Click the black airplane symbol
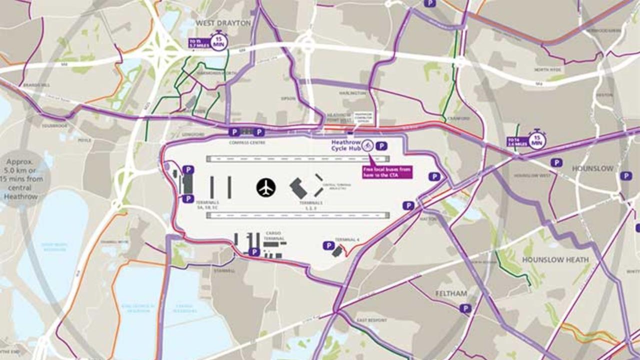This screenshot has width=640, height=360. (x=266, y=187)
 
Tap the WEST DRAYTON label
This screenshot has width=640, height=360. (x=223, y=23)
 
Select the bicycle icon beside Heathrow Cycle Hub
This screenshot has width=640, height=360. (x=367, y=145)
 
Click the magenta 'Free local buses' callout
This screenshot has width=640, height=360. (x=387, y=172)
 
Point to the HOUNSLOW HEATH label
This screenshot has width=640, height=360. (x=555, y=259)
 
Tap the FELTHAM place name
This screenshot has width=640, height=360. (x=451, y=293)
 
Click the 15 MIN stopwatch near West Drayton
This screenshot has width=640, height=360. (x=218, y=41)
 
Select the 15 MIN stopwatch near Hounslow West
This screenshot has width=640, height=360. (x=537, y=139)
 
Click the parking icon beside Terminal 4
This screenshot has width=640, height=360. (x=328, y=245)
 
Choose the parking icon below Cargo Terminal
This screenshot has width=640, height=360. (x=254, y=252)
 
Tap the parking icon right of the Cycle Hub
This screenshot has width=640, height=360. (x=381, y=146)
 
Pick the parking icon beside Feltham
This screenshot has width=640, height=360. (x=465, y=308)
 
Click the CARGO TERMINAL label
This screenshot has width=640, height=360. (x=274, y=236)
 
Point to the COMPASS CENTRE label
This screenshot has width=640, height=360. (x=247, y=142)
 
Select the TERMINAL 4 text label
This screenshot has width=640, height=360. (x=347, y=240)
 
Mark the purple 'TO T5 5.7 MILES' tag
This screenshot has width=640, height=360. (x=198, y=43)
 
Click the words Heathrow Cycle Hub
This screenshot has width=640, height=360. (x=346, y=145)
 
